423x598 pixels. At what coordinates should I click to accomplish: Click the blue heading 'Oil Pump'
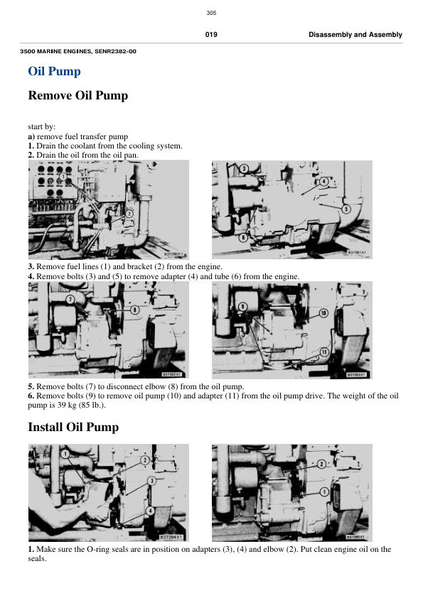54,71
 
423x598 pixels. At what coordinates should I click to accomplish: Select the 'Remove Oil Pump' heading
77,95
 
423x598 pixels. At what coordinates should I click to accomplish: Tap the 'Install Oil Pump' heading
73,428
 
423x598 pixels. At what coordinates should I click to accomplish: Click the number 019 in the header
211,35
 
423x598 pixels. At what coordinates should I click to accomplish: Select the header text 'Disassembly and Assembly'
355,35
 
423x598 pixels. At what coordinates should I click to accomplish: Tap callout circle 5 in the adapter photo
346,210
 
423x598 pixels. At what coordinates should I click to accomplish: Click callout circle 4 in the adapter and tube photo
323,181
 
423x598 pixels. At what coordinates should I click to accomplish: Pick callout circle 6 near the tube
243,238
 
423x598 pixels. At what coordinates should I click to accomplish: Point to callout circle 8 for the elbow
134,310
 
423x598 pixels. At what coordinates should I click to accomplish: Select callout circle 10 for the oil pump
323,312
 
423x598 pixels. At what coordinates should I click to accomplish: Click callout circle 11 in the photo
323,352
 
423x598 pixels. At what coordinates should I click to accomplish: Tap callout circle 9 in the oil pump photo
242,306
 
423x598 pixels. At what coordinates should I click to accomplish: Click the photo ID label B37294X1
171,537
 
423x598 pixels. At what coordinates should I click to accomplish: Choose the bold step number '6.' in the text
31,396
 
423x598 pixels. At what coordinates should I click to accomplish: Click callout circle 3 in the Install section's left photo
151,482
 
